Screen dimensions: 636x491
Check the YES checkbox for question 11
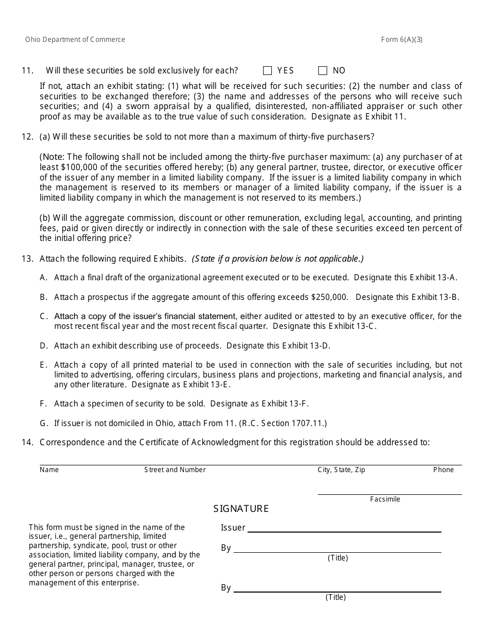point(267,71)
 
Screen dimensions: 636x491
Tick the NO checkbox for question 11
point(323,71)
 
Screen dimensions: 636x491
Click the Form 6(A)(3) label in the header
point(402,40)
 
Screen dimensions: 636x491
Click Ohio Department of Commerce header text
point(75,40)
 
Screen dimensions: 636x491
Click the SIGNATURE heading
point(241,509)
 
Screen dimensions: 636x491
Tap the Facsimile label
point(385,499)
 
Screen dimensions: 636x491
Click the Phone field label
point(443,470)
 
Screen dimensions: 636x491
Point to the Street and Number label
point(175,470)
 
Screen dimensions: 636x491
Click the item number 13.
point(27,259)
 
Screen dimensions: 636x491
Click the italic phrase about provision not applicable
point(278,259)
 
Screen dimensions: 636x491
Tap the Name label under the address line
point(49,470)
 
